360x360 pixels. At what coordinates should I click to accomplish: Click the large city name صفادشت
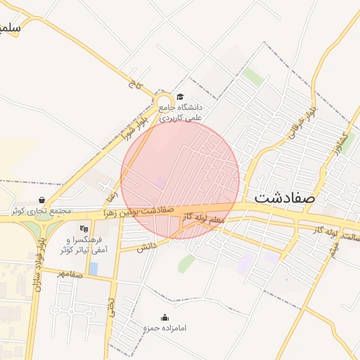click(x=285, y=198)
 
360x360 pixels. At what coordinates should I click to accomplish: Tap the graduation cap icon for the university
click(x=180, y=97)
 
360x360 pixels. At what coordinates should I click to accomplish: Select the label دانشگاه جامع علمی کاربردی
click(x=180, y=112)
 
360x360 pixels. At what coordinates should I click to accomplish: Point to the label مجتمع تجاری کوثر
click(x=41, y=211)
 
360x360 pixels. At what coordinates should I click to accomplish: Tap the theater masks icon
click(x=84, y=228)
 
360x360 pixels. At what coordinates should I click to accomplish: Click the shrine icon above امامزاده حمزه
click(x=165, y=318)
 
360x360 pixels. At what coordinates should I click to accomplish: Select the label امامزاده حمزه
click(x=165, y=328)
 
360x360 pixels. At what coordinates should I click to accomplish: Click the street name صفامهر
click(x=72, y=274)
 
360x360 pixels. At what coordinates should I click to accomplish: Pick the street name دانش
click(x=146, y=247)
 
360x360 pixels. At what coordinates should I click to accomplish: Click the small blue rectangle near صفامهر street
click(x=94, y=269)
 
